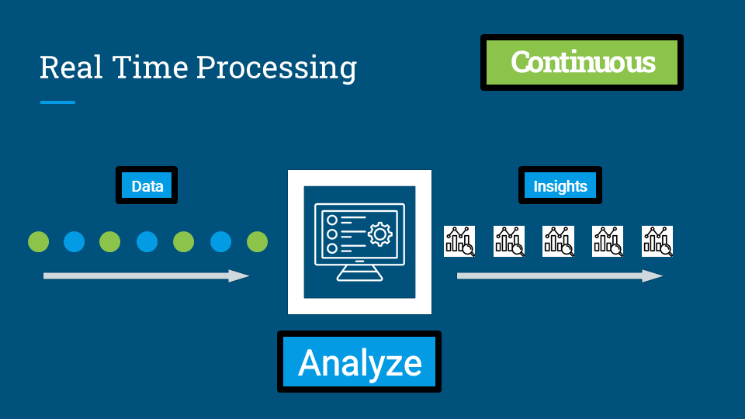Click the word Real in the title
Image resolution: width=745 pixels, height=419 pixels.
pos(71,68)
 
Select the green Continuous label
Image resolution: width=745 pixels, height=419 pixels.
pos(582,62)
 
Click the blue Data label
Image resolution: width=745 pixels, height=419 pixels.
pos(147,186)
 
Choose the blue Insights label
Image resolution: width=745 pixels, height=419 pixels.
pos(560,186)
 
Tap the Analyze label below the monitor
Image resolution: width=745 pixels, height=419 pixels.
pos(359,362)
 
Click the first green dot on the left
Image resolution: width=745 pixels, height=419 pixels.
pos(38,242)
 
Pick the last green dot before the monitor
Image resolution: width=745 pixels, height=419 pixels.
pos(257,242)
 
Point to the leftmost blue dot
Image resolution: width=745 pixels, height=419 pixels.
pos(74,242)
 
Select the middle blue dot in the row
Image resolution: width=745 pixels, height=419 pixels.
pos(147,242)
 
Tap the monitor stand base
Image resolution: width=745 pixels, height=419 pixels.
pos(359,277)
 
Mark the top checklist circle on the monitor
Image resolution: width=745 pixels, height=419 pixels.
pos(332,220)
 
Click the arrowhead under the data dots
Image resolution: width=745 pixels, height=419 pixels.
pos(239,275)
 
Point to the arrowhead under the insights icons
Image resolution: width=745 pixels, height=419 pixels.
pos(653,275)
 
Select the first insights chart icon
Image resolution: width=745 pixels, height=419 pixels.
pos(459,241)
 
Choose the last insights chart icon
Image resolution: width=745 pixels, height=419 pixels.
pos(657,241)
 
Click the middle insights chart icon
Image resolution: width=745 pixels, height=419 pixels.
pos(558,241)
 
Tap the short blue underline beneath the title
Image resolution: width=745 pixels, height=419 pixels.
pos(57,102)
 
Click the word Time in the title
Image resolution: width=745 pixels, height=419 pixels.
pos(147,68)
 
